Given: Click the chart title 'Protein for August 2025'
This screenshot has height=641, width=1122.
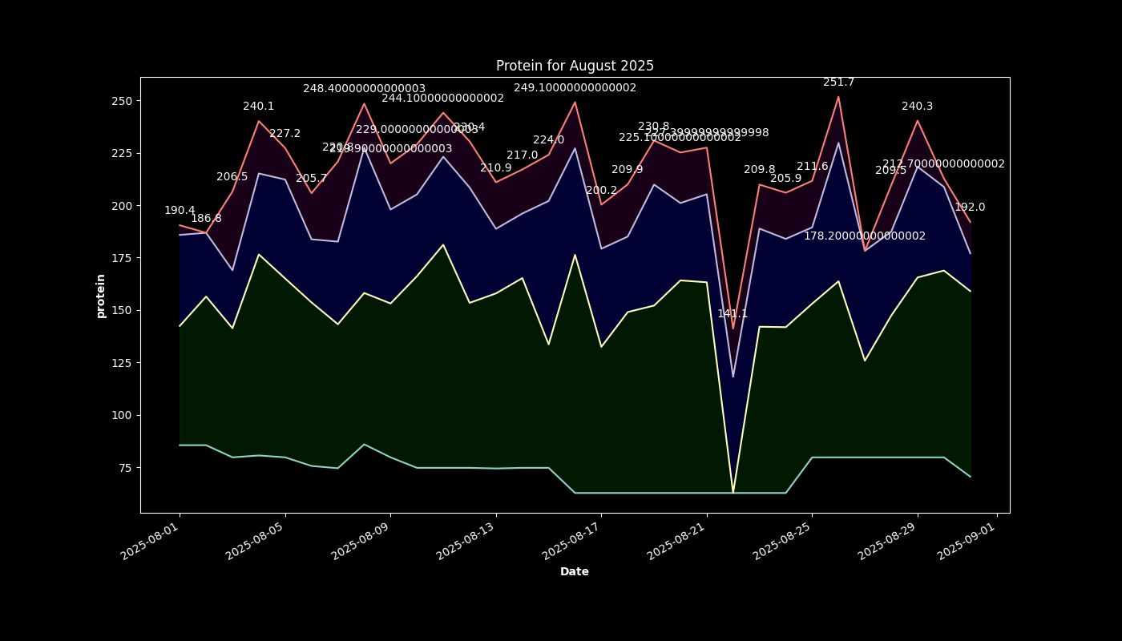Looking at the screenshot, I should coord(575,66).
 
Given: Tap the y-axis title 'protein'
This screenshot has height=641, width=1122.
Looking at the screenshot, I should coord(101,296).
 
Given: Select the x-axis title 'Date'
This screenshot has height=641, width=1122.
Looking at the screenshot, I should coord(575,571).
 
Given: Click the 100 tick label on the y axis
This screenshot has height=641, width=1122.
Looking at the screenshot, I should coord(124,415).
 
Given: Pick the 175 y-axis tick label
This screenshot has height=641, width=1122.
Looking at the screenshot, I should coord(124,258).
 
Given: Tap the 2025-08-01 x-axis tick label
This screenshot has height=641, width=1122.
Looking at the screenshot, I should coord(150,538).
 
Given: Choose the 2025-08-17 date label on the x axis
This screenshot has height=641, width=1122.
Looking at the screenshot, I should coord(571,538).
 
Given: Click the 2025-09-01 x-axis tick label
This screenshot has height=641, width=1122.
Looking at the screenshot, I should coord(967,538).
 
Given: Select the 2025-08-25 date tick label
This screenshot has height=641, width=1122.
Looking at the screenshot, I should coord(782,538).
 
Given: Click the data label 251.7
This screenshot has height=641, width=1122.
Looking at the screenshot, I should coord(838,83).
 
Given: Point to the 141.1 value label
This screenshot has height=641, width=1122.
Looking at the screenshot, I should coord(733,314).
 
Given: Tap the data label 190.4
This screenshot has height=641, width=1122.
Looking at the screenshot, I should coord(180,211).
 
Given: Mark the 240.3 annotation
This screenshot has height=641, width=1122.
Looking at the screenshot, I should coord(917,107).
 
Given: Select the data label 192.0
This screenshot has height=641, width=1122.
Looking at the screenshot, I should coord(970,208).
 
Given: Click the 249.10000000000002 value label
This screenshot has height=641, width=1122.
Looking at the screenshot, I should coord(575,88).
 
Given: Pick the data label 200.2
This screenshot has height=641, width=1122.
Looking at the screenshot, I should coord(601,191).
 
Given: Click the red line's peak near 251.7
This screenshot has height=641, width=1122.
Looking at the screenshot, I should coord(838,97).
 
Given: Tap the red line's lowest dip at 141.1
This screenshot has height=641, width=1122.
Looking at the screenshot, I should coord(733,329).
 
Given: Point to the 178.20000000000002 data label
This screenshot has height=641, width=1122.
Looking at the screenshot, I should coord(865,236).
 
